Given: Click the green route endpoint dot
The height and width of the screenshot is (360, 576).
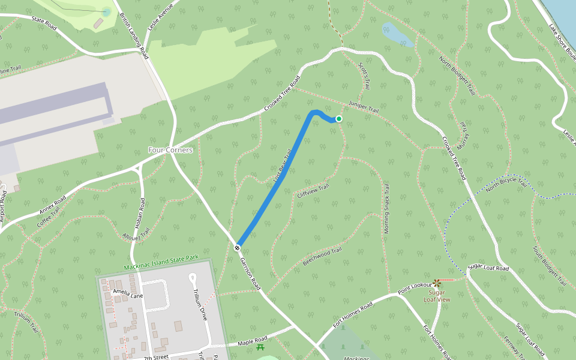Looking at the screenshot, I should pyautogui.click(x=339, y=119).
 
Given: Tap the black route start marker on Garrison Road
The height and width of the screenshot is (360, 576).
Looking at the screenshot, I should pyautogui.click(x=238, y=247).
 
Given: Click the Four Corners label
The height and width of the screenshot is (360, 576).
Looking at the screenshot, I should pyautogui.click(x=171, y=150).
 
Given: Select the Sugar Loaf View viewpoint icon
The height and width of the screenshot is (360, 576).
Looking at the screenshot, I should pyautogui.click(x=437, y=283).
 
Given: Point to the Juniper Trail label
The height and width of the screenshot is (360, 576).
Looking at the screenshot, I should pyautogui.click(x=364, y=109).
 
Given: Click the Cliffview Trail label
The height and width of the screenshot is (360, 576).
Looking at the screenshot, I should pyautogui.click(x=313, y=191).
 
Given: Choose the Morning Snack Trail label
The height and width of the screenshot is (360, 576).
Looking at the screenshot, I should pyautogui.click(x=386, y=208).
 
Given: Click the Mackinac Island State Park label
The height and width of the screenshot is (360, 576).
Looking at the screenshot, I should pyautogui.click(x=161, y=258).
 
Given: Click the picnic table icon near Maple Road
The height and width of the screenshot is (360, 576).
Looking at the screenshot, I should pyautogui.click(x=260, y=347).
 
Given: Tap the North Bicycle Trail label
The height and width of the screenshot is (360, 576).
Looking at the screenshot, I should pyautogui.click(x=505, y=187).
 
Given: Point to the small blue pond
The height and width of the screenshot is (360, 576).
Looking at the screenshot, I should pyautogui.click(x=397, y=34).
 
